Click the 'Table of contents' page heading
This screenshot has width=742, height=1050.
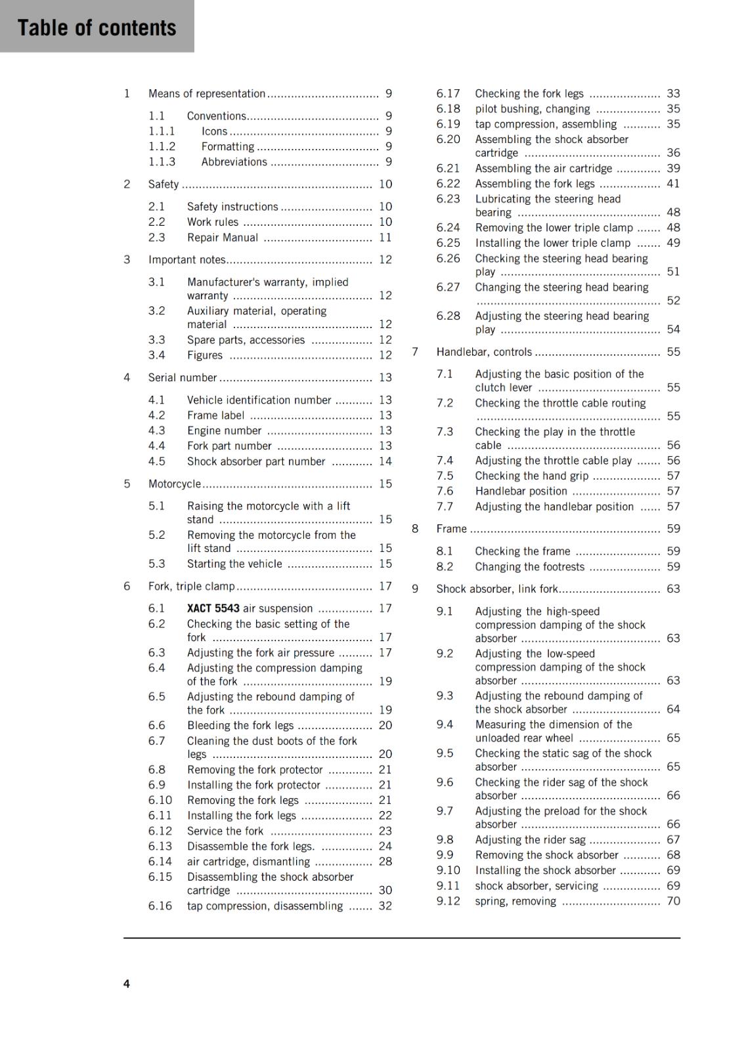97,28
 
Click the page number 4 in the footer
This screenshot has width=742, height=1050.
127,983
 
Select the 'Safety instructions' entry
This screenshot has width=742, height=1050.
232,207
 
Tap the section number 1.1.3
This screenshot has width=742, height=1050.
162,162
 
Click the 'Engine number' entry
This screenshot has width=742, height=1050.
224,430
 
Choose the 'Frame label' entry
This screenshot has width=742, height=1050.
215,415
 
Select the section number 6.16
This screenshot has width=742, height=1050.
160,906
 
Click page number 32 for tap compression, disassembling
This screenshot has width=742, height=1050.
385,906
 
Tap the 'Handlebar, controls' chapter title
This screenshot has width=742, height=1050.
484,352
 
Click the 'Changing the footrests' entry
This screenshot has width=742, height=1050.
529,566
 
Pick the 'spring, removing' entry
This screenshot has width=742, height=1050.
515,901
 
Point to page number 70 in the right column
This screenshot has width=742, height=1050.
673,901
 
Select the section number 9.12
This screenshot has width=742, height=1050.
448,901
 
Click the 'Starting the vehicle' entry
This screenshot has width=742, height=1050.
234,564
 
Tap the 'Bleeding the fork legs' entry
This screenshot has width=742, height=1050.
240,725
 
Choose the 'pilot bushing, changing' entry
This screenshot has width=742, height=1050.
533,109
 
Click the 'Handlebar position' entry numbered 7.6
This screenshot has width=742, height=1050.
521,491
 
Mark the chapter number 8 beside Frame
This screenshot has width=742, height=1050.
415,528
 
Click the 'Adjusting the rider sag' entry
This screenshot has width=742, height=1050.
530,839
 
